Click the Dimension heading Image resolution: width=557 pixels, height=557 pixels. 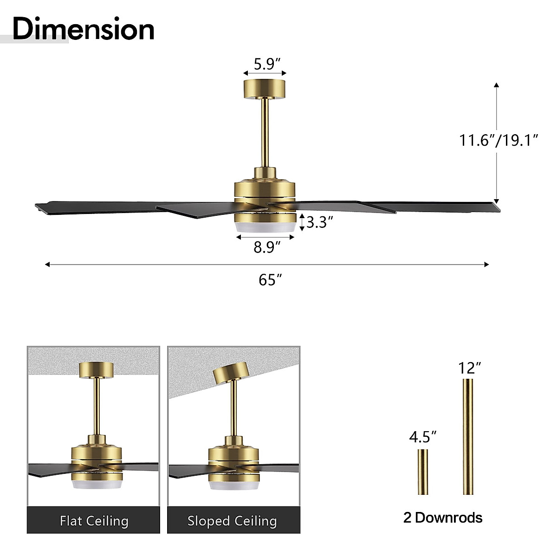(x=84, y=29)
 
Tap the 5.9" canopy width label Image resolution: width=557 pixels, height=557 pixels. (x=265, y=64)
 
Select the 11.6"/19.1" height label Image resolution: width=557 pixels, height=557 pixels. (x=498, y=140)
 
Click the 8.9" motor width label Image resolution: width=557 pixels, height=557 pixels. (x=267, y=247)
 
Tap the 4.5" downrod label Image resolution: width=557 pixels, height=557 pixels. (x=423, y=437)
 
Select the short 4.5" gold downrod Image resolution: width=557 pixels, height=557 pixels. (x=422, y=472)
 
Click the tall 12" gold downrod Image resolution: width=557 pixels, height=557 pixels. (x=467, y=436)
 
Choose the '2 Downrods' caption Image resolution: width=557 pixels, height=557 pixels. (x=443, y=518)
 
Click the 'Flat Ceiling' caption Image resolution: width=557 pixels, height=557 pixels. (x=94, y=521)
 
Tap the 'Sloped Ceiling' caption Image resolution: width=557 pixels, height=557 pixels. (x=232, y=521)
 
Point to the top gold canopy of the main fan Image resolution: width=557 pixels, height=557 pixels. (x=265, y=89)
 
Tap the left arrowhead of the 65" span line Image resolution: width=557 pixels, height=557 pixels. (x=47, y=265)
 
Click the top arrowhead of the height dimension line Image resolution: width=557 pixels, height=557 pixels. (x=496, y=85)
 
